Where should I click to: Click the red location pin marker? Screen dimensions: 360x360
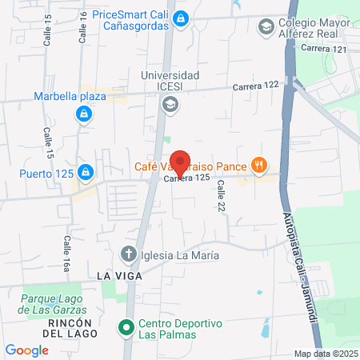coord(181,163)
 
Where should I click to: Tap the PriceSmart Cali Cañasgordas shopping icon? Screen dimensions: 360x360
coord(182,17)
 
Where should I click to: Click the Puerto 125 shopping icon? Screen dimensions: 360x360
coord(86,171)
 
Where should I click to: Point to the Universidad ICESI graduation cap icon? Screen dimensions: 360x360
coord(170,104)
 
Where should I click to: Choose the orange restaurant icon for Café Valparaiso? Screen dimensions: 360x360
coord(258,166)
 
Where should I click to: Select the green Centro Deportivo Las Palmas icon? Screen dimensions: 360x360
coord(125,328)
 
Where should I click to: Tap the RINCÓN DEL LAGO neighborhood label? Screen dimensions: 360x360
coord(72,327)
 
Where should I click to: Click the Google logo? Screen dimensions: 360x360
coord(26,350)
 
